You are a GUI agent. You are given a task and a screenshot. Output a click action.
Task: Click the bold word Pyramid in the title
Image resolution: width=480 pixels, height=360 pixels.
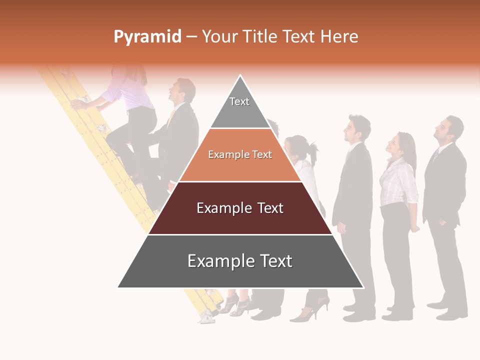(147, 37)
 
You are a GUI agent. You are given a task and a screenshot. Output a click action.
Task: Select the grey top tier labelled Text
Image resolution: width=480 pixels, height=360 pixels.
(240, 107)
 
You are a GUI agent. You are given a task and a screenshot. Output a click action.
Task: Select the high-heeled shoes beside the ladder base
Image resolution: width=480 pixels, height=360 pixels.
(235, 304)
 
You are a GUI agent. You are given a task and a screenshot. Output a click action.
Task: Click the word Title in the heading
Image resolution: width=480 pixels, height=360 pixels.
(299, 37)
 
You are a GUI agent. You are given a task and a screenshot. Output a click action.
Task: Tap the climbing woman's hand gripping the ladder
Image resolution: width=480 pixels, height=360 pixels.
(77, 103)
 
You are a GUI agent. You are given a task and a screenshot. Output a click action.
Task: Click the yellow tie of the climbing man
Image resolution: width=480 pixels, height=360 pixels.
(171, 118)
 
